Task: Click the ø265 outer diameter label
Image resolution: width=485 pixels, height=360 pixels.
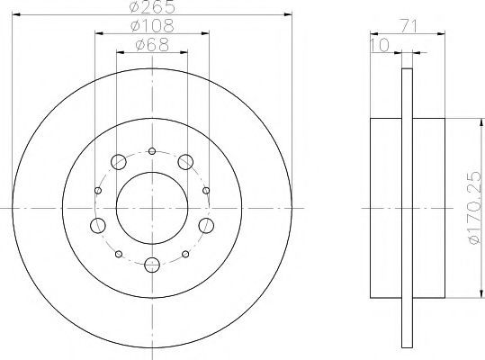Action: [152, 7]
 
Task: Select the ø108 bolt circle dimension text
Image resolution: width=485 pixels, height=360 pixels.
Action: [152, 26]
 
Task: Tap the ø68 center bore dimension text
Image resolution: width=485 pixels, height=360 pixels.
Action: [152, 44]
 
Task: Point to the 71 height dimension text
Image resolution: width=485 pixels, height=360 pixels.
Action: [409, 26]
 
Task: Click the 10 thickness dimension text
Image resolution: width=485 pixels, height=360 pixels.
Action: [380, 46]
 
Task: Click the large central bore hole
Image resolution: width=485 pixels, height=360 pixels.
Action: [152, 208]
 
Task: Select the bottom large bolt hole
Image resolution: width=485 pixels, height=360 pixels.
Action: [152, 265]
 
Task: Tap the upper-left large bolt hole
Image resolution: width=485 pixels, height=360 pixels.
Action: [119, 162]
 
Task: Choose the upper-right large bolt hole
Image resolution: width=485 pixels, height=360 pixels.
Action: [185, 162]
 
